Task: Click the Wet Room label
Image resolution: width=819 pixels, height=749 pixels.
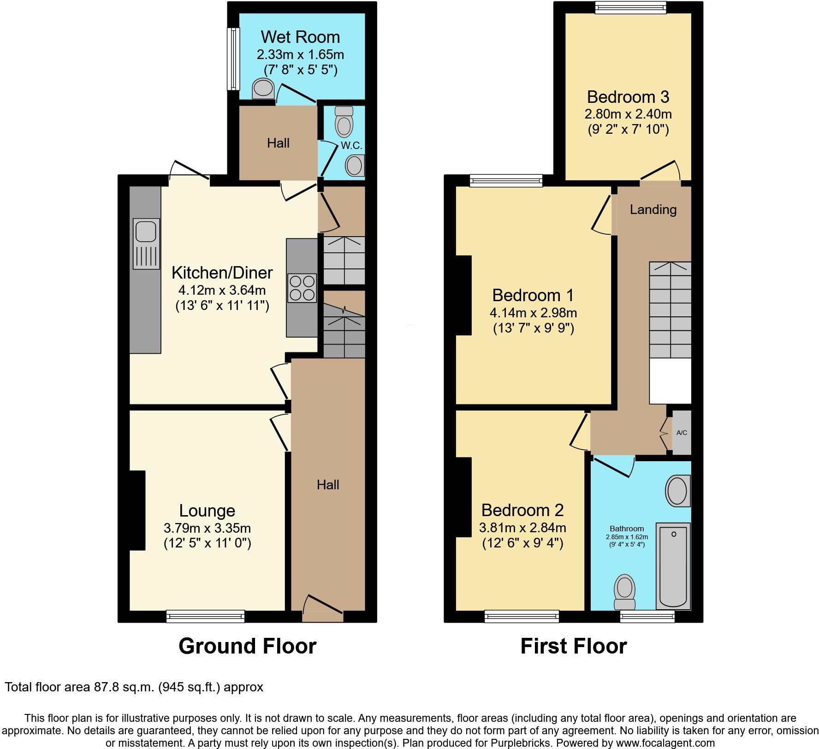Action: pyautogui.click(x=300, y=37)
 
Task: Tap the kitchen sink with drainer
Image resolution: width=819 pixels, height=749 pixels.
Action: pyautogui.click(x=147, y=244)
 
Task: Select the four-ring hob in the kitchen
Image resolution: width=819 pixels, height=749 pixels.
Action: pyautogui.click(x=302, y=288)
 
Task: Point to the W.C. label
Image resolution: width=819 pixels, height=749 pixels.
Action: pyautogui.click(x=351, y=145)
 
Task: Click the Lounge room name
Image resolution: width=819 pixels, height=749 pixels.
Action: pyautogui.click(x=207, y=511)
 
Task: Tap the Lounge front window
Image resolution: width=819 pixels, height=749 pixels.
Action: pyautogui.click(x=206, y=616)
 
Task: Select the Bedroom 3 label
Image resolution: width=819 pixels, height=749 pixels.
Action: pyautogui.click(x=628, y=97)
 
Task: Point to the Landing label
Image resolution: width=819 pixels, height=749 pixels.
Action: pyautogui.click(x=653, y=209)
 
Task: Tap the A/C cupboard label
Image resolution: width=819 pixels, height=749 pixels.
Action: pyautogui.click(x=682, y=433)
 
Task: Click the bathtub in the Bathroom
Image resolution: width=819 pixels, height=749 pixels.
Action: pyautogui.click(x=673, y=566)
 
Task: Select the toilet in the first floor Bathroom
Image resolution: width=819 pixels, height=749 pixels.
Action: pyautogui.click(x=625, y=592)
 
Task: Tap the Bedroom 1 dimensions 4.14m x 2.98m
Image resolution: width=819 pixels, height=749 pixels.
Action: pyautogui.click(x=533, y=313)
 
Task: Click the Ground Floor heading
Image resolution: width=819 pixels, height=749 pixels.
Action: pyautogui.click(x=248, y=646)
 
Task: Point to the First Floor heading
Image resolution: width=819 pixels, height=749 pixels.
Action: pyautogui.click(x=574, y=646)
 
